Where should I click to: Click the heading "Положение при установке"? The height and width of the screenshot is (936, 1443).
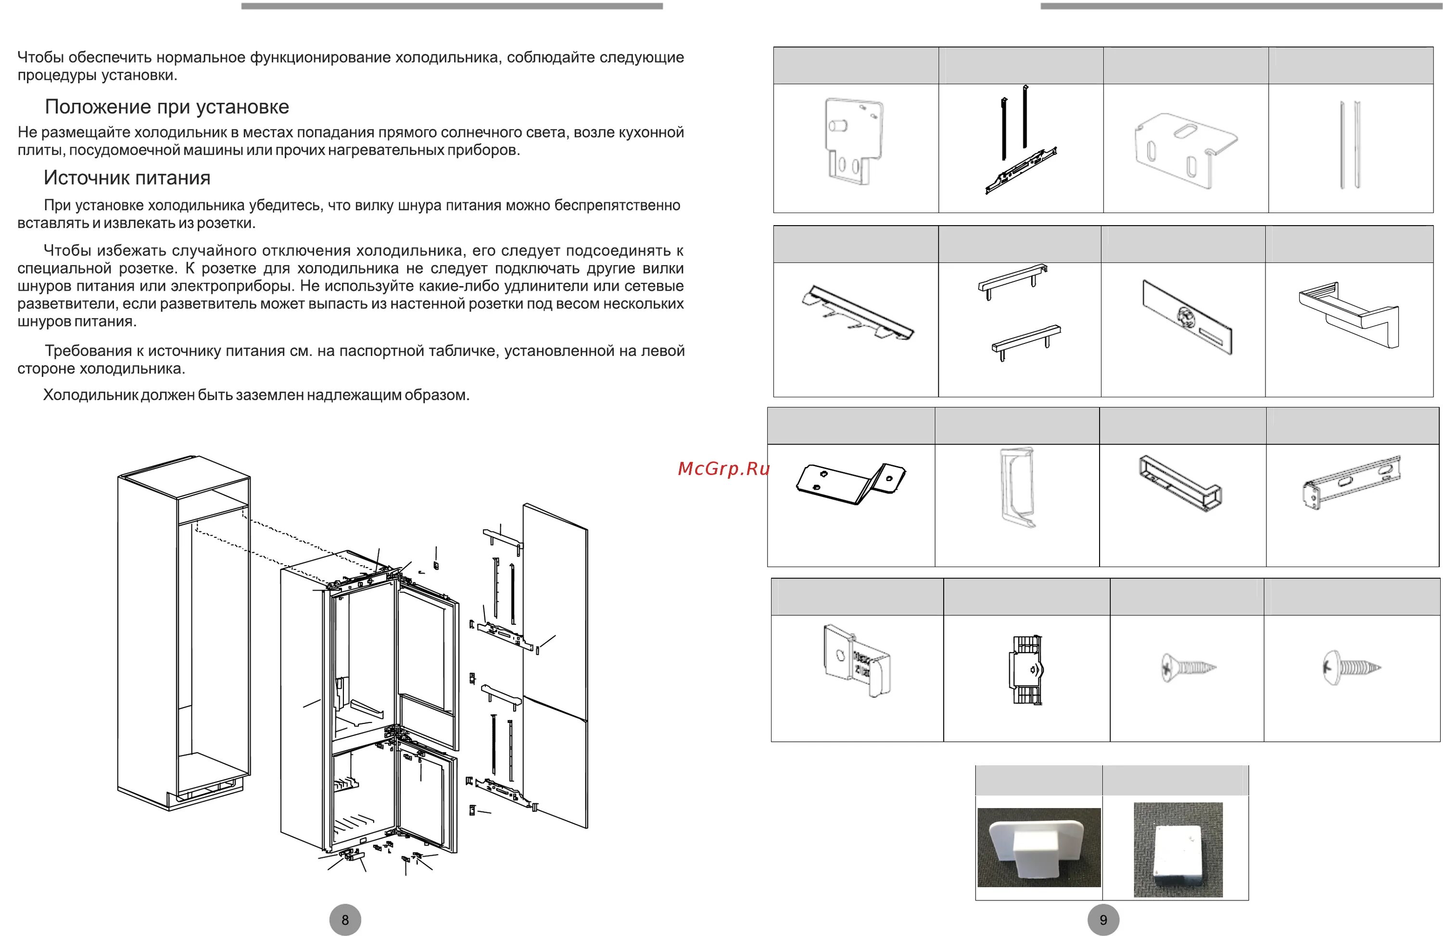pos(167,107)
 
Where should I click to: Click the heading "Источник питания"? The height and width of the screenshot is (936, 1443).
pos(127,177)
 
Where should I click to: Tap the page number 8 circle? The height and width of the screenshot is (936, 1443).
pos(345,920)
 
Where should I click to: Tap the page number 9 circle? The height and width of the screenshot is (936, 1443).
pos(1103,920)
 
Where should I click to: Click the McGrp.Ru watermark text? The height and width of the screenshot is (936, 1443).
pos(723,468)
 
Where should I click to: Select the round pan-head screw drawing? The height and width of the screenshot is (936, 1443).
pos(1352,668)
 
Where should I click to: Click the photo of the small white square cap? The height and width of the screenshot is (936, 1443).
pos(1178,850)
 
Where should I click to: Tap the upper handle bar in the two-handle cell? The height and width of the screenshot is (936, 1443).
pos(1013,281)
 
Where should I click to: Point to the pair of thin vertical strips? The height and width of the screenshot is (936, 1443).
pos(1350,145)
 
